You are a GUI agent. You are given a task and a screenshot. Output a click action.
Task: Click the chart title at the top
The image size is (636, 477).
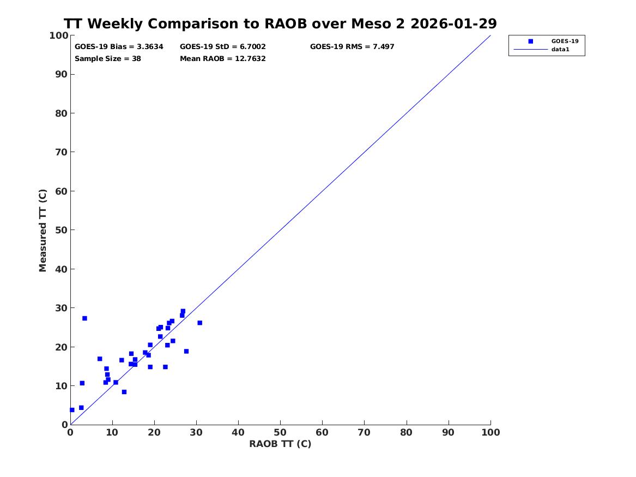[x=280, y=24]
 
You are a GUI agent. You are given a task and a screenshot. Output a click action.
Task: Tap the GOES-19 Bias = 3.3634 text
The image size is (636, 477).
[x=119, y=47]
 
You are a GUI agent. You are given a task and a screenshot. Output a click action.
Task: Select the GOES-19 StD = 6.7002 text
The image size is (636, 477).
[x=223, y=47]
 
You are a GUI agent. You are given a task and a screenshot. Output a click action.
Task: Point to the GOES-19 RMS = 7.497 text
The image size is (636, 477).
[x=352, y=47]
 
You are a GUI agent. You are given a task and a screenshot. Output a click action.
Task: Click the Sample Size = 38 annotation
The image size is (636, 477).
[x=108, y=58]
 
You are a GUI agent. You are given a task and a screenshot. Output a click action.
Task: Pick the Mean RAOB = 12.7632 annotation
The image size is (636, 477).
[x=223, y=58]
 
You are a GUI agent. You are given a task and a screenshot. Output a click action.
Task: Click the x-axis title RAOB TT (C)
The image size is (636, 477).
[x=280, y=444]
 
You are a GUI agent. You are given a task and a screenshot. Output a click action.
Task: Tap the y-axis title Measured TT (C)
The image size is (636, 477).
[x=43, y=230]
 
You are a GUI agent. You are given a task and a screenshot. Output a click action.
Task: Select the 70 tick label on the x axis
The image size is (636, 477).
[x=365, y=432]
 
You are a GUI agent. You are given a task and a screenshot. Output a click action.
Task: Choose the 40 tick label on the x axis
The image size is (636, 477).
[x=238, y=432]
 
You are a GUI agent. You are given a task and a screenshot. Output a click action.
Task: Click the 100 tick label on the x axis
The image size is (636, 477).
[x=490, y=432]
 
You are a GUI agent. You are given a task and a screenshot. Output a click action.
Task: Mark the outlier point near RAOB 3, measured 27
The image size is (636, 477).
[x=84, y=318]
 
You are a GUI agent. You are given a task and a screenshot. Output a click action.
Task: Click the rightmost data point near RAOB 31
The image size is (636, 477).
[x=199, y=323]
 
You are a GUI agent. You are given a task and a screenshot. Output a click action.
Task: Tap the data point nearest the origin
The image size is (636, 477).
[x=72, y=410]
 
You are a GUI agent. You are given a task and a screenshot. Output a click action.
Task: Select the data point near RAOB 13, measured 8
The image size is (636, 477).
[x=124, y=392]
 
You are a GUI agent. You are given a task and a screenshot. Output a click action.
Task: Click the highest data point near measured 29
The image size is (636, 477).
[x=183, y=311]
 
